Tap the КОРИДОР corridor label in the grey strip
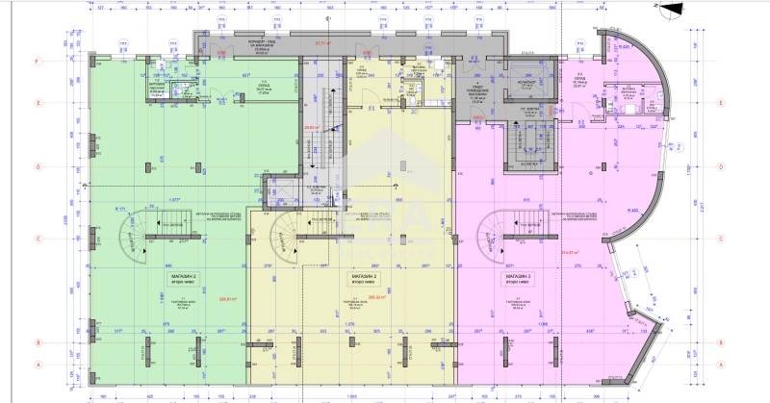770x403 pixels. [x=231, y=42]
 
